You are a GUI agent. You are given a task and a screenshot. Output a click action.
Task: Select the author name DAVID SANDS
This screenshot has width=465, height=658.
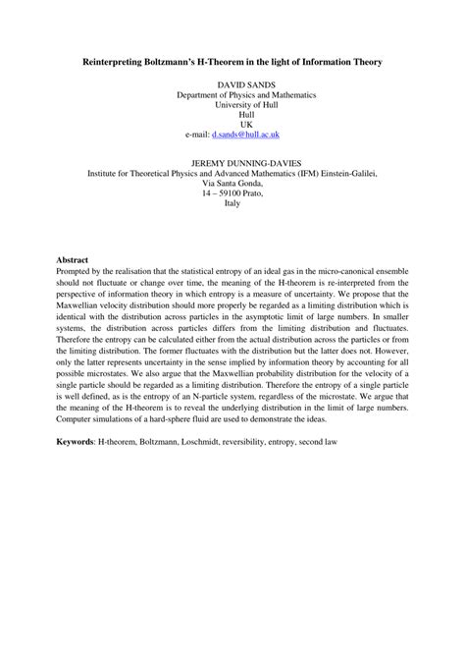click(x=232, y=86)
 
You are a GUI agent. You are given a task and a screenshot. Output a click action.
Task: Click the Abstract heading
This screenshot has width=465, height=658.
click(x=73, y=259)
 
